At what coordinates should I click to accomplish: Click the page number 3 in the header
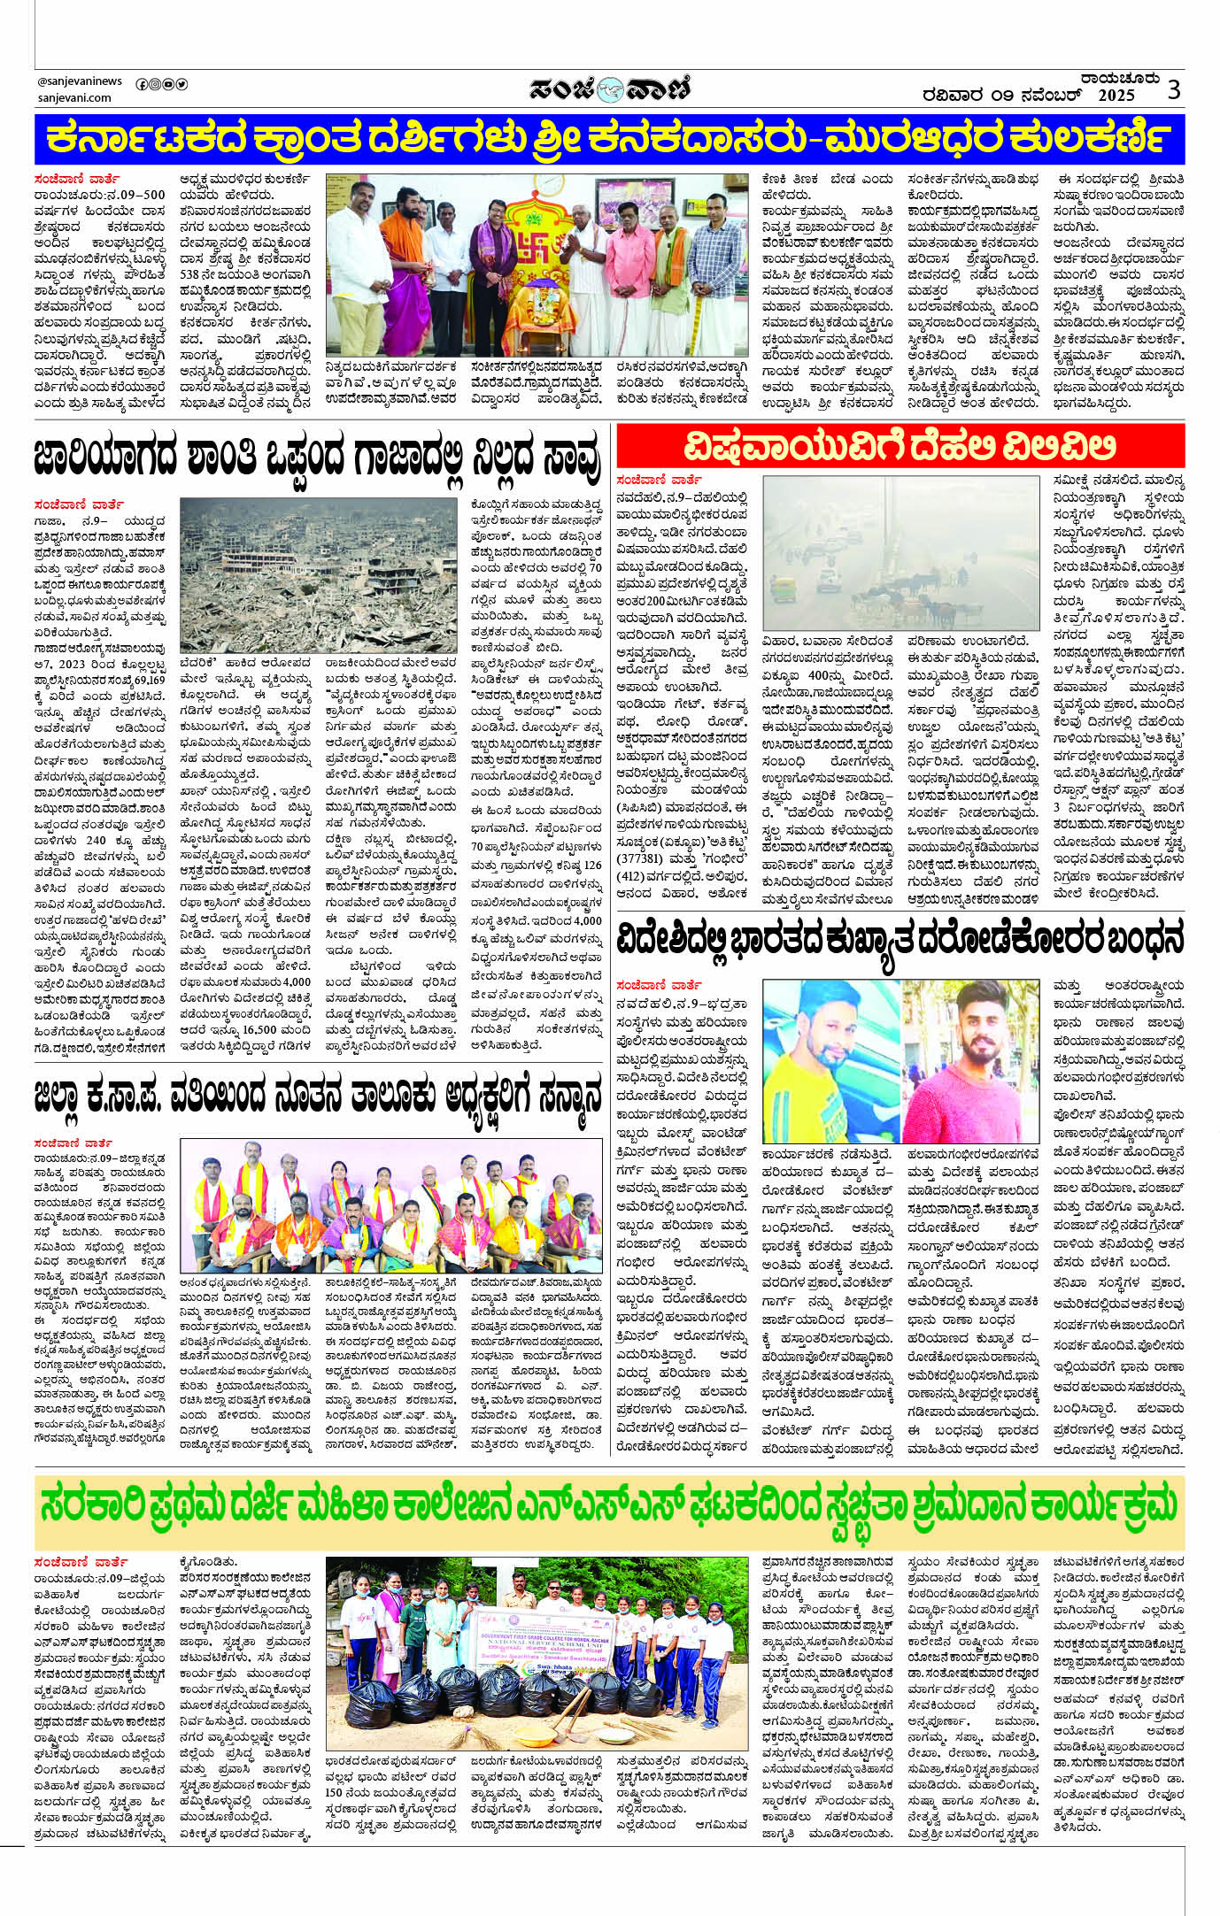coord(1174,89)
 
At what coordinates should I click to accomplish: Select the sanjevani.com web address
coord(68,99)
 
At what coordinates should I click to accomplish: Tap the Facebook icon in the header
coord(142,84)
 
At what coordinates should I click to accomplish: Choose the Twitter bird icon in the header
coord(181,84)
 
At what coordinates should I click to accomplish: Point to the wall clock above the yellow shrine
coord(549,183)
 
